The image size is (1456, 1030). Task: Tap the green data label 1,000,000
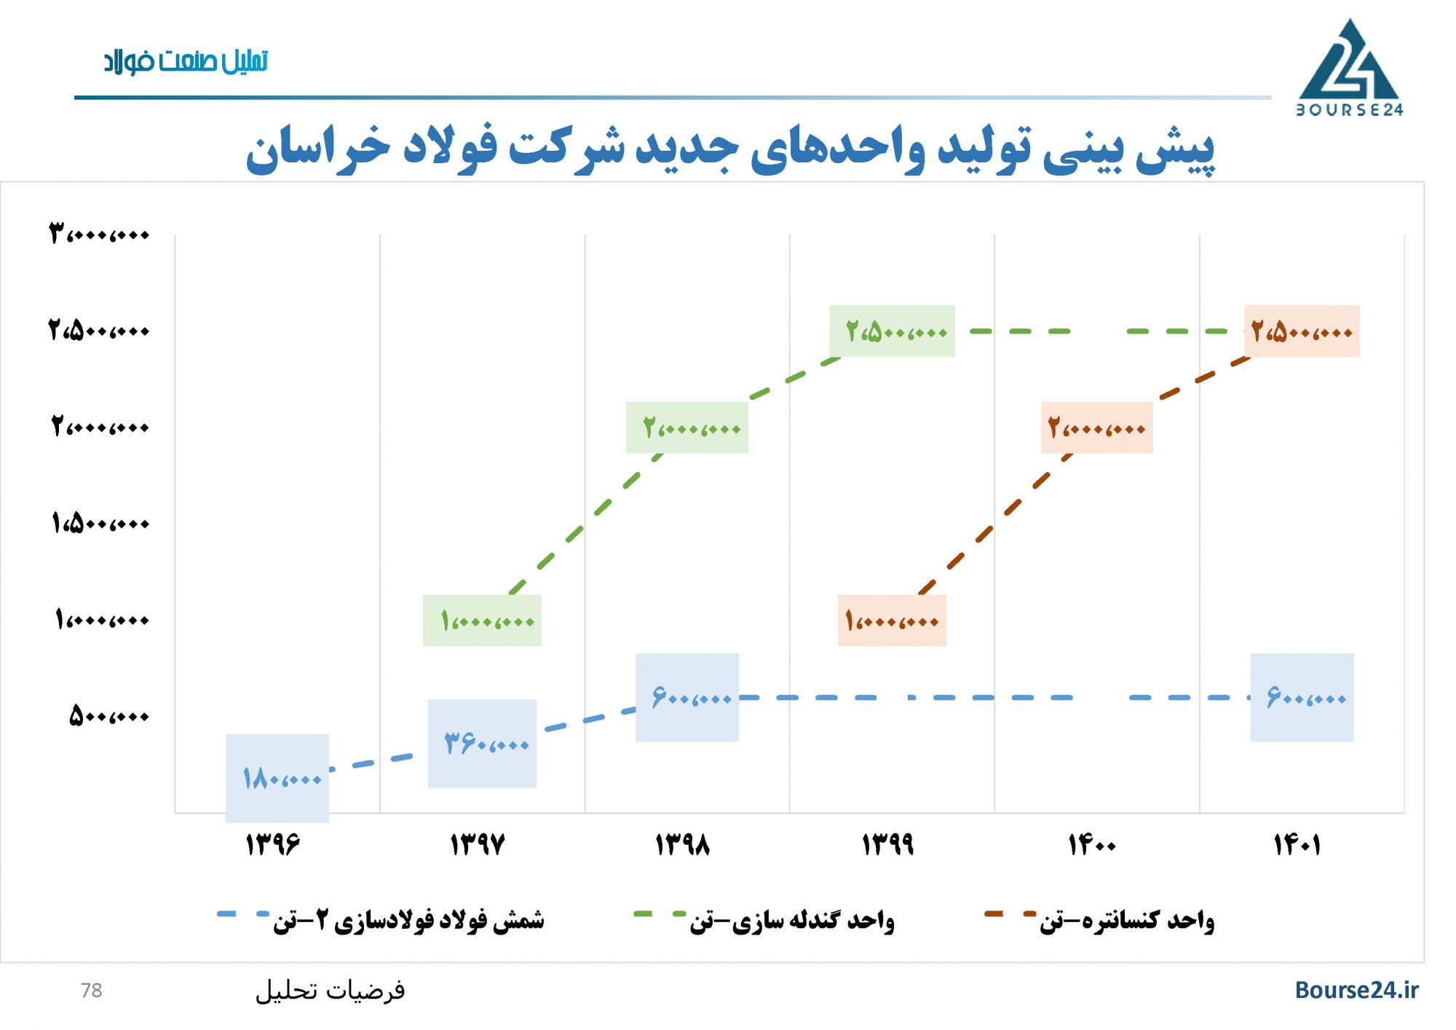pos(482,621)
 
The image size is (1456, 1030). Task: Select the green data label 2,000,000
pos(687,428)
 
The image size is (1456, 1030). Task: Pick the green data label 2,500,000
pos(893,331)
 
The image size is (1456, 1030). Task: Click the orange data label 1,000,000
pos(892,621)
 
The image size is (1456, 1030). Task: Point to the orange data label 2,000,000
pos(1096,428)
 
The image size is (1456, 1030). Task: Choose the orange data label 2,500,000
pos(1302,331)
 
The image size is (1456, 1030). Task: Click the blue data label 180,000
pos(277,779)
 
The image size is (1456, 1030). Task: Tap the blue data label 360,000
pos(482,744)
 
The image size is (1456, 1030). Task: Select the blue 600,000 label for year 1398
pos(687,698)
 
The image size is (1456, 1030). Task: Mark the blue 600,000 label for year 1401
pos(1302,698)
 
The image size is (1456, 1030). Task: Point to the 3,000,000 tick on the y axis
pos(99,235)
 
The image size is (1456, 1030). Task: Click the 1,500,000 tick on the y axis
pos(100,523)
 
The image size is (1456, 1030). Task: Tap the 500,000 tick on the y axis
pos(109,716)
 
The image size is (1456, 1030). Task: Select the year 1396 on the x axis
pos(273,845)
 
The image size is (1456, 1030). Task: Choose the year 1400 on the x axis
pos(1092,845)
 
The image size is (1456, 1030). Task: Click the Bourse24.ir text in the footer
pos(1356,990)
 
